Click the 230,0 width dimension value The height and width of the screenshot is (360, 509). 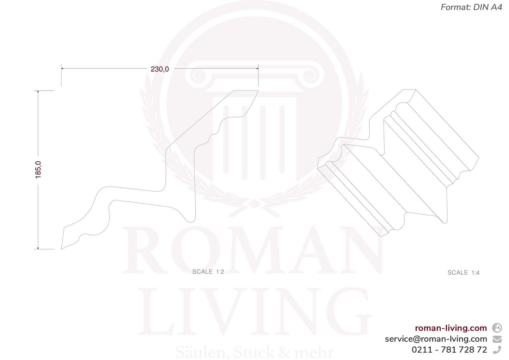[160, 69]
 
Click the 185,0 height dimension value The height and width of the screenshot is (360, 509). [38, 169]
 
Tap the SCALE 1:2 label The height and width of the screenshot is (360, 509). [208, 272]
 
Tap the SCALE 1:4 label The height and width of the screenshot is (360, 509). [463, 273]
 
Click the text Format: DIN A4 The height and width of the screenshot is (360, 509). [471, 7]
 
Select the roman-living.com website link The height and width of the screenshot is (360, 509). [451, 328]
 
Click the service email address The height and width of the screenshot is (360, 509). [436, 339]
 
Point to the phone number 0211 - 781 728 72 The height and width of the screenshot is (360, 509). [449, 350]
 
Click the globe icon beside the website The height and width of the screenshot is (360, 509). [497, 328]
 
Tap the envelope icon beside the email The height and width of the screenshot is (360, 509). [497, 339]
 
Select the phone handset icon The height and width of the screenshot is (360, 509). [497, 350]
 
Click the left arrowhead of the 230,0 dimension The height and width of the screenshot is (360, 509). [62, 68]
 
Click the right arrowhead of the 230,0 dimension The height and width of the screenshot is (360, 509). [257, 68]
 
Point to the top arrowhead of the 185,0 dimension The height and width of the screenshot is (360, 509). [38, 92]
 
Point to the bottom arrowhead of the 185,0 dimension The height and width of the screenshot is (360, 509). [38, 248]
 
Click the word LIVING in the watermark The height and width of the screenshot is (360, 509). [254, 312]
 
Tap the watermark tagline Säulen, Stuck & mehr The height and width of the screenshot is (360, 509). [254, 352]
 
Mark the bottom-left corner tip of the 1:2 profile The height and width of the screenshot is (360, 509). [62, 249]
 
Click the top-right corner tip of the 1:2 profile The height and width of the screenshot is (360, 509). [258, 91]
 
